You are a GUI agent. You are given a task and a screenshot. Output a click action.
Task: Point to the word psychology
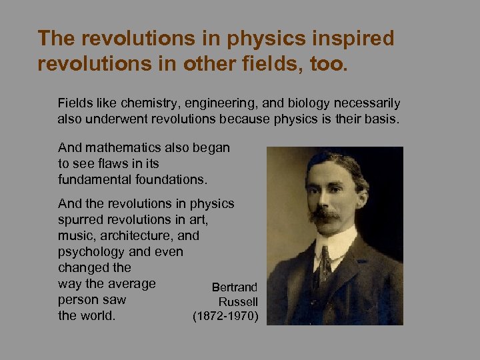(x=91, y=251)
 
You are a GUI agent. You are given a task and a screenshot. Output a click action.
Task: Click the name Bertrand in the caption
(x=235, y=287)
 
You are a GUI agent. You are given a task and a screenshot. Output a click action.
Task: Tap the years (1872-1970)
(x=225, y=316)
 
